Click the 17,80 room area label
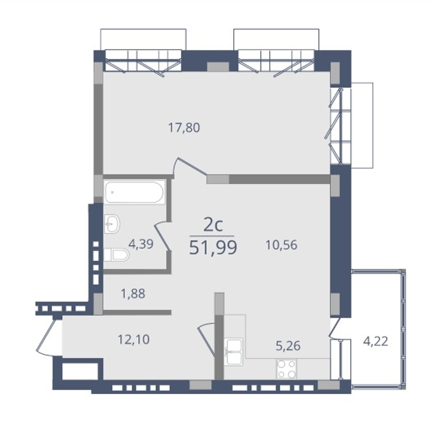point(184,128)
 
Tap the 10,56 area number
point(281,245)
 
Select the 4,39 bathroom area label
point(141,244)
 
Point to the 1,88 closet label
point(133,294)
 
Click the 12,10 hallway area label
point(134,340)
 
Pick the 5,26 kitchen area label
point(288,346)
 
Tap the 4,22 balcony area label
point(376,341)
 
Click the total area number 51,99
point(213,248)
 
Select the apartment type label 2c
point(213,225)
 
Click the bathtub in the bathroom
point(134,192)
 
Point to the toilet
point(116,255)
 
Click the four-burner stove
point(287,368)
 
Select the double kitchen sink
point(234,352)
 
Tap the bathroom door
point(162,235)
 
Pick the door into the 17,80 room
point(190,166)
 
